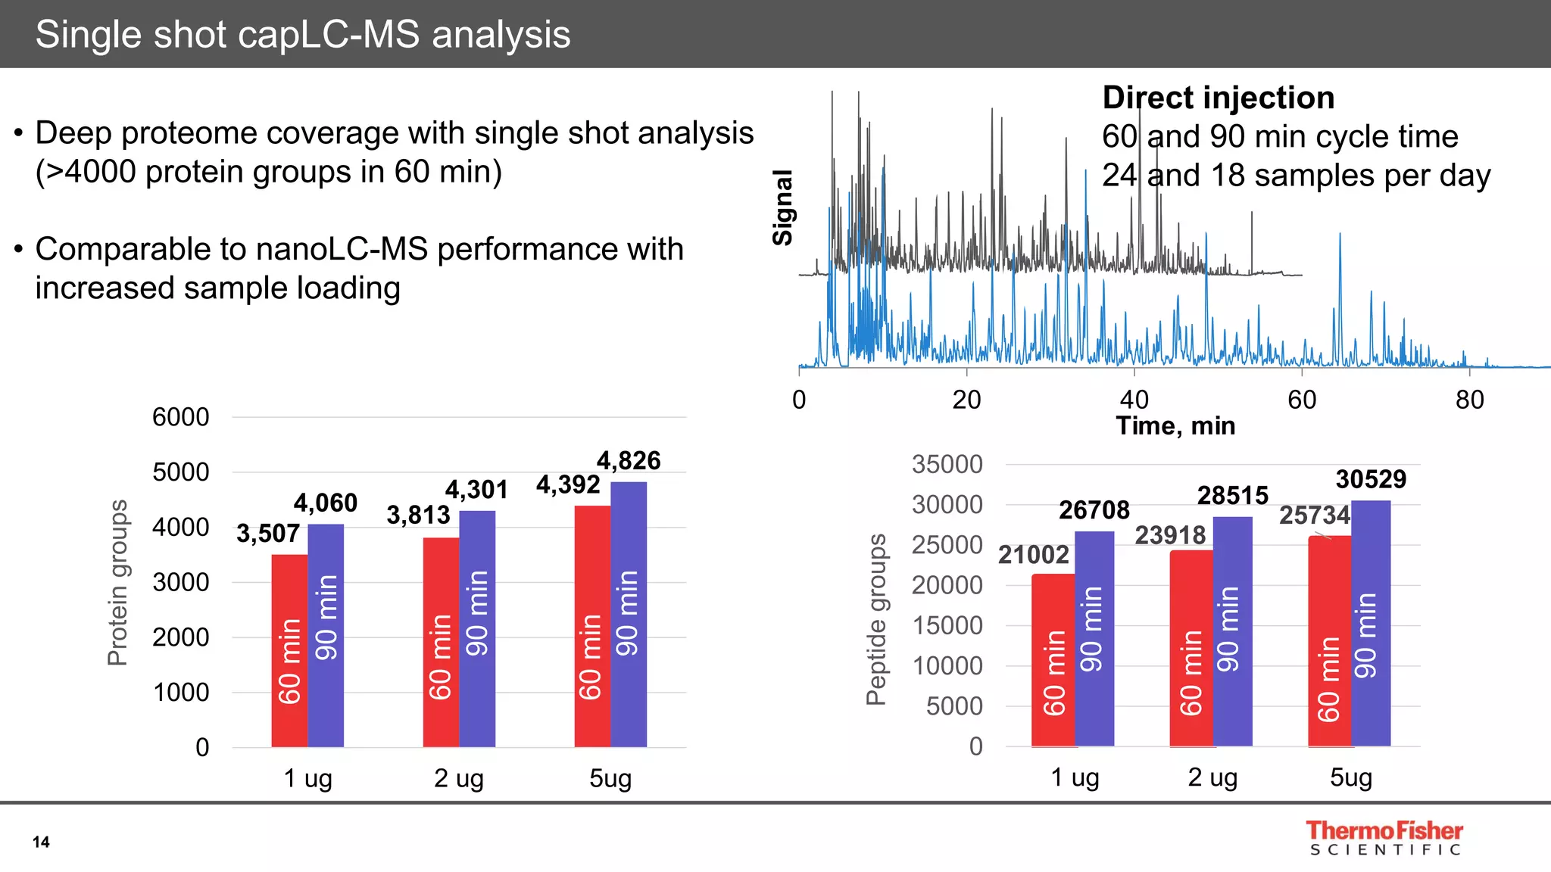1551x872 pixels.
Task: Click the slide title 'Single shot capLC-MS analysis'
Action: point(303,35)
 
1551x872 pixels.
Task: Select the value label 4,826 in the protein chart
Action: point(628,460)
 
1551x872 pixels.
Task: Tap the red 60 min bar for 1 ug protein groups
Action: point(289,651)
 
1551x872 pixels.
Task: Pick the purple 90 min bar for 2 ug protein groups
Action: point(477,628)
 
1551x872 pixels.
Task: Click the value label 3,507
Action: point(267,534)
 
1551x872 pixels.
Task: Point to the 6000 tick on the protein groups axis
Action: point(180,417)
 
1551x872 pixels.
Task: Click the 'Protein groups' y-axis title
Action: point(117,582)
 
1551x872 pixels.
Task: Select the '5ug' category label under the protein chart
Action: point(610,778)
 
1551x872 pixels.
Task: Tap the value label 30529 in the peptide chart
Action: point(1371,479)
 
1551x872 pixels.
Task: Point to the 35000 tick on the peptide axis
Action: point(947,464)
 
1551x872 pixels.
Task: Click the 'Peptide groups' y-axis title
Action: point(876,619)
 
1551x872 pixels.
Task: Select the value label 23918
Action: point(1170,535)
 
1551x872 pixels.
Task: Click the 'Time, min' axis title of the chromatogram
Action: point(1175,426)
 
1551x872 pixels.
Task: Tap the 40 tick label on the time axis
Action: point(1134,400)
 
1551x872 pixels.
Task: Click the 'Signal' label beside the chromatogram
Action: point(782,207)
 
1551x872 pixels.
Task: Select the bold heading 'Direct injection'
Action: point(1218,98)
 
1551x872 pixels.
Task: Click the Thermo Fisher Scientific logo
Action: point(1384,838)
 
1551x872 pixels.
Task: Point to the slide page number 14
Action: point(41,842)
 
